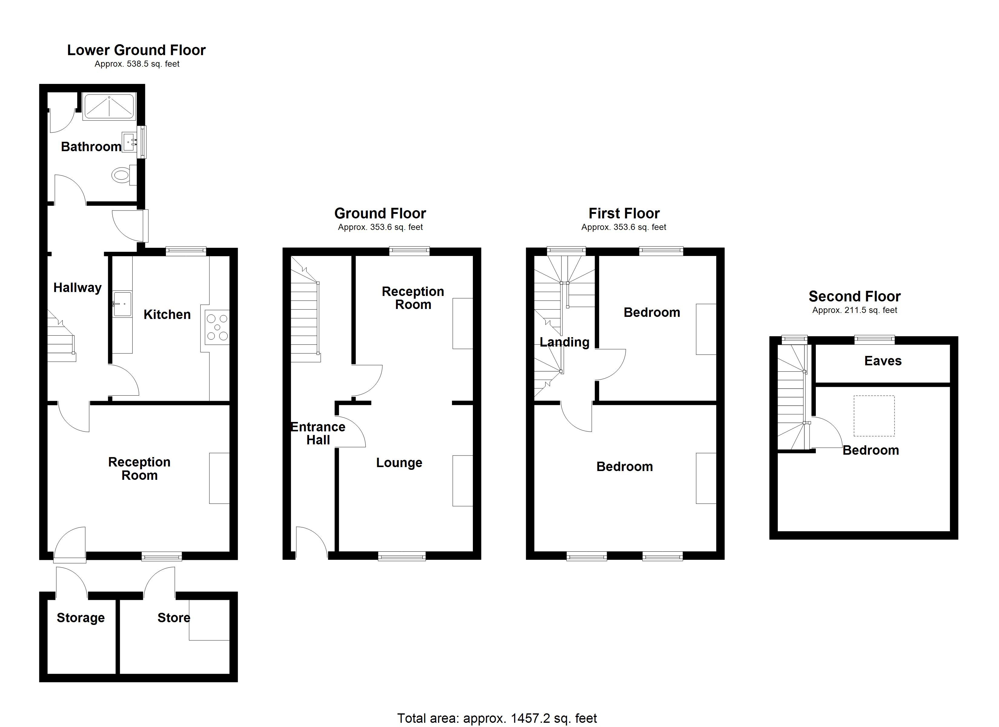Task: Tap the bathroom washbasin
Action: [130, 142]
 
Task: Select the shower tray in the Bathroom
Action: [109, 106]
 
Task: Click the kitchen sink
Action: [122, 304]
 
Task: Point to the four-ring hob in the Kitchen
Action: [217, 327]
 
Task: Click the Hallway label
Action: [77, 288]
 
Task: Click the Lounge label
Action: [399, 463]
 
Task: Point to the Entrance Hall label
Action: [318, 433]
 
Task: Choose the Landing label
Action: [564, 342]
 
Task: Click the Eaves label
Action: [883, 361]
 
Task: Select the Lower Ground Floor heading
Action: [136, 50]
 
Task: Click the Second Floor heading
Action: [855, 296]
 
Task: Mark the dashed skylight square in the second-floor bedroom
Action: [874, 416]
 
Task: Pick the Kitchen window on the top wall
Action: [186, 251]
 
